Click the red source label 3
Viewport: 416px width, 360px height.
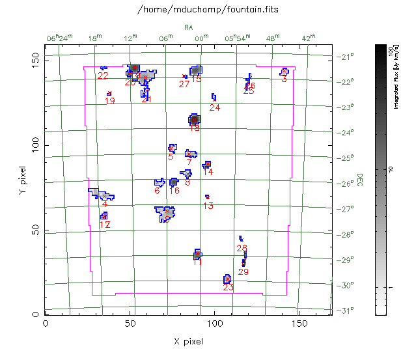[284, 79]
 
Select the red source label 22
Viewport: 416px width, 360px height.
[103, 76]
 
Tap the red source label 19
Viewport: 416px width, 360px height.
[110, 101]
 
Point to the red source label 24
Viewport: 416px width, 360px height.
[215, 107]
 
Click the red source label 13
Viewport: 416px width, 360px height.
[208, 206]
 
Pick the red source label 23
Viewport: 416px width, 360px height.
[228, 287]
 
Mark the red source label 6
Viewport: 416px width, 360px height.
[157, 191]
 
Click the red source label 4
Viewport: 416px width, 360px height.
[105, 204]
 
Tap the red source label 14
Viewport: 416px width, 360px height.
[208, 172]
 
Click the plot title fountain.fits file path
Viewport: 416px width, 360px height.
[208, 10]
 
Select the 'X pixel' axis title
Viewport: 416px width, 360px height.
[188, 341]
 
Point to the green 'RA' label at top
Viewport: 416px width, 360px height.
[189, 27]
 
